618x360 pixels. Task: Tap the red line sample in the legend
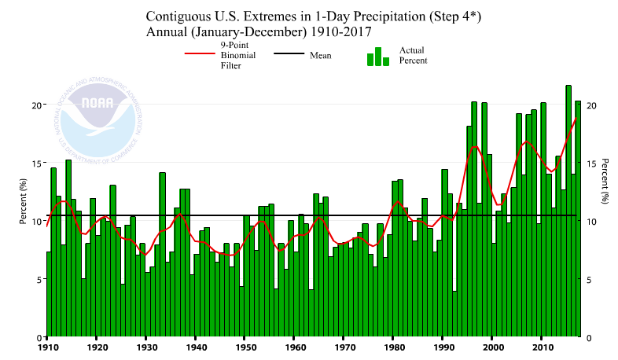pos(200,55)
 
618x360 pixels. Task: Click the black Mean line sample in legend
pos(289,55)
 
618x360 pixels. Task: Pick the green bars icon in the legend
pos(377,57)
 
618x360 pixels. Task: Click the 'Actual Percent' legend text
pos(413,55)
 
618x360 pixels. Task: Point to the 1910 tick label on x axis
pos(47,346)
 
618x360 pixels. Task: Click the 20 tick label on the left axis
pos(35,105)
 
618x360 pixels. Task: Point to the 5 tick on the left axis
pos(38,279)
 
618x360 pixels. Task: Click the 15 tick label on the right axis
pos(591,163)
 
